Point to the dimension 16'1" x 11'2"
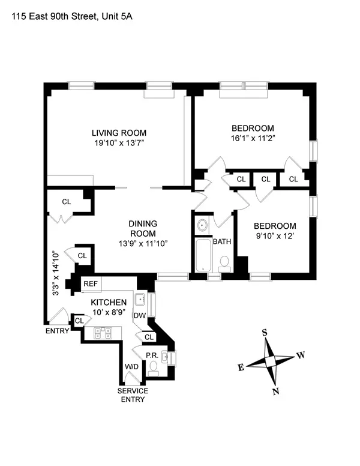(253, 138)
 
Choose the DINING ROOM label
(143, 228)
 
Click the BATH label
(222, 242)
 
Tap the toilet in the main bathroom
(224, 262)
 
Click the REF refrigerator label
(91, 283)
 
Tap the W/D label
(131, 367)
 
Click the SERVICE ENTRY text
(133, 395)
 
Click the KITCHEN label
(109, 302)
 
